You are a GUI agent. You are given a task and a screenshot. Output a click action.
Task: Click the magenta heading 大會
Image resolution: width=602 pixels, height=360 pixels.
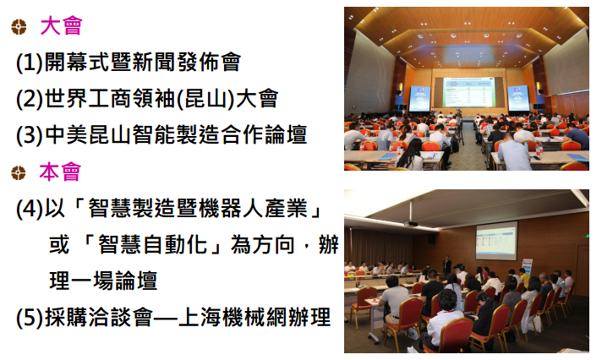point(61,25)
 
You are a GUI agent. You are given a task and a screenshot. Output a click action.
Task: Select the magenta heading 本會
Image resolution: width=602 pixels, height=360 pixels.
point(60,172)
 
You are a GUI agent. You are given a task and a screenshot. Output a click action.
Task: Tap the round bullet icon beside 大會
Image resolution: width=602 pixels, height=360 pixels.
point(19,27)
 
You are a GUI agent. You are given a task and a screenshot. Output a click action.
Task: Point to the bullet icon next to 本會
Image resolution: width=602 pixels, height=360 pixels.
point(18,172)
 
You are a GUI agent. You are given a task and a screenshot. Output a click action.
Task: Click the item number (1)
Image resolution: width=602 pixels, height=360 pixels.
point(30,63)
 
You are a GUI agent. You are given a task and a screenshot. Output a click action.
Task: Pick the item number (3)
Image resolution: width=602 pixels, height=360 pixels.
point(30,135)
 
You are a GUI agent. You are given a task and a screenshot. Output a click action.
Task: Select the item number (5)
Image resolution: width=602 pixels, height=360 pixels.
point(30,318)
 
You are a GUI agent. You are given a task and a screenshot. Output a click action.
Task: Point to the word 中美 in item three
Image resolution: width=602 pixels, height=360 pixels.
point(66,134)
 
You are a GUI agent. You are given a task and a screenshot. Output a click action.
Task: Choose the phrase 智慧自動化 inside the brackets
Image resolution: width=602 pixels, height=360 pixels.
point(153,244)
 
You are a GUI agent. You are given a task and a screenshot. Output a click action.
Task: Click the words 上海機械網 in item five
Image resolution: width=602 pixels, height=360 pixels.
point(233,318)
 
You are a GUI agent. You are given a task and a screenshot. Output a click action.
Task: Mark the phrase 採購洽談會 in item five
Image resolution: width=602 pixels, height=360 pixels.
point(99,318)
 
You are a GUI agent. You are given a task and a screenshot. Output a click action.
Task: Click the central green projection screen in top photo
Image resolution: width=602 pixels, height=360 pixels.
point(468,92)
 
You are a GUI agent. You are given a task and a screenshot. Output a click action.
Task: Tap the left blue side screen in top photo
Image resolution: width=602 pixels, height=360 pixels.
point(419,99)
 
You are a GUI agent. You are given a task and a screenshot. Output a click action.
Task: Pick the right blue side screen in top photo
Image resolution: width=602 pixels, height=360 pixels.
point(518,98)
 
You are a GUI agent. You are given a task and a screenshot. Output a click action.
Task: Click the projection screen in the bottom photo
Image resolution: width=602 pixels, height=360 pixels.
point(496,241)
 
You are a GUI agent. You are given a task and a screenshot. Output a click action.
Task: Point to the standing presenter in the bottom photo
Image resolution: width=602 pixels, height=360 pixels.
point(446,266)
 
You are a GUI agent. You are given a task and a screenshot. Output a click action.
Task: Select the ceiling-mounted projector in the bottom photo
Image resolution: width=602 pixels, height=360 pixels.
point(411,223)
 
